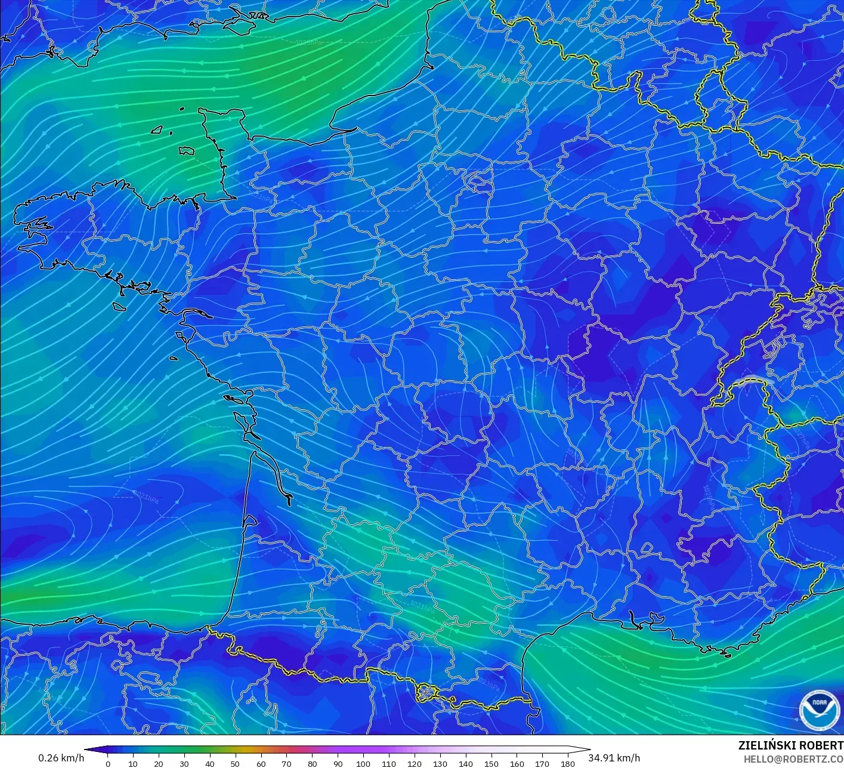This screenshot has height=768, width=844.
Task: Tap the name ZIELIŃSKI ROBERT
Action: coord(790,745)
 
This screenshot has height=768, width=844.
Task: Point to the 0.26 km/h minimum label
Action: coord(61,758)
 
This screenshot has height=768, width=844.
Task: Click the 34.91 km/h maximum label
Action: coord(614,758)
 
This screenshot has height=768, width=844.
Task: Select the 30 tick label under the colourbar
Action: coord(184,763)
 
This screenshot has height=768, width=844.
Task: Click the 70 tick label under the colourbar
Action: coord(286,763)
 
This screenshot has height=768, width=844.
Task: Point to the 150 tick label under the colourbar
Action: coord(491,763)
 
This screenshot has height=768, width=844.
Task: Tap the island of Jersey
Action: coord(187,151)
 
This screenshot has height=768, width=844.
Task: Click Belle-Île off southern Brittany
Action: coord(119,306)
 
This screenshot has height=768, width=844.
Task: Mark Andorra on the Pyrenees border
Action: coord(428,692)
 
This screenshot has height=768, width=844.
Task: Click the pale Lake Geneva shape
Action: coord(753,381)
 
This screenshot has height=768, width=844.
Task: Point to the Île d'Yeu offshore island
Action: coord(173,359)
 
